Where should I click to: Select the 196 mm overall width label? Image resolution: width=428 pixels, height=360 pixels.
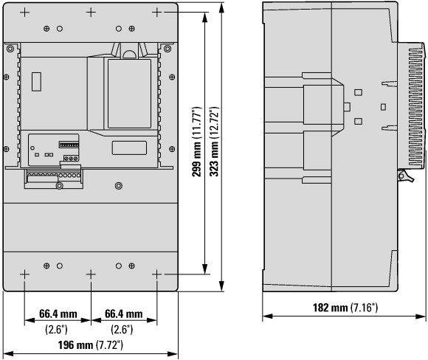click(75, 345)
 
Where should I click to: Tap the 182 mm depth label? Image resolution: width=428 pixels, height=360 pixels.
click(330, 308)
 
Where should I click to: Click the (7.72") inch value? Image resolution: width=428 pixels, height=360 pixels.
click(109, 345)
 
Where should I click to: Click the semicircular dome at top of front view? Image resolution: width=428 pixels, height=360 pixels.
click(130, 55)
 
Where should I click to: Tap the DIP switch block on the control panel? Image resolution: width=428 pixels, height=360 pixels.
click(69, 145)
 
